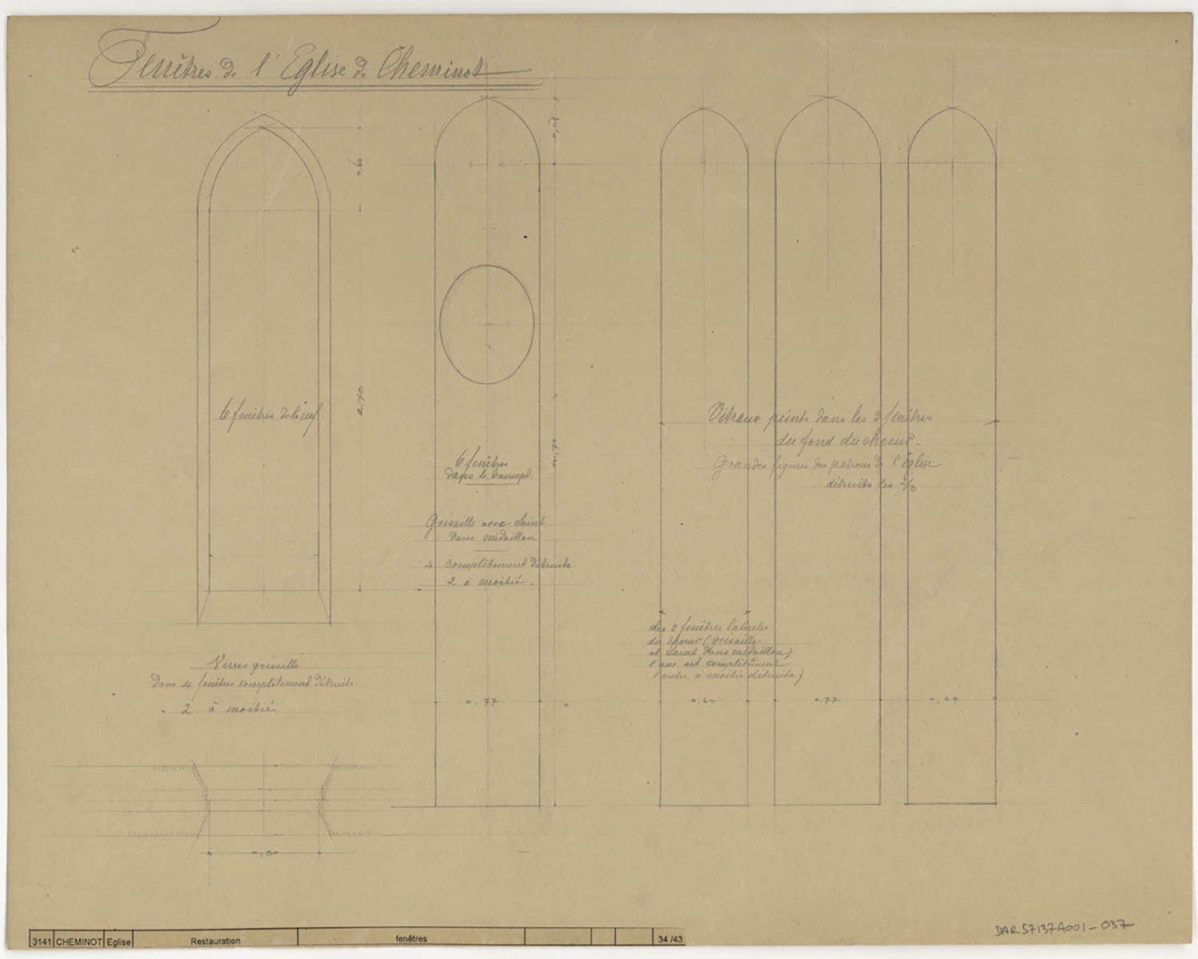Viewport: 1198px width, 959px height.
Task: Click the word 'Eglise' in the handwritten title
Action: point(314,68)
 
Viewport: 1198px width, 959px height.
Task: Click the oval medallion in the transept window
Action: point(487,323)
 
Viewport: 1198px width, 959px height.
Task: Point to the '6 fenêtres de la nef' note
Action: point(270,415)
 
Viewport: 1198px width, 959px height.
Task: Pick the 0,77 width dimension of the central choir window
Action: point(825,700)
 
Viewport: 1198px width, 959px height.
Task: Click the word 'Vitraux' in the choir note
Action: point(733,414)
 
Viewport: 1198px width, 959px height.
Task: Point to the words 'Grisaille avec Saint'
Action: point(485,523)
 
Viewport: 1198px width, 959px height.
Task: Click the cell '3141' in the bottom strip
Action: point(41,941)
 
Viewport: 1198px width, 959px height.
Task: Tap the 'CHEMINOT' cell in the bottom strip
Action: point(79,941)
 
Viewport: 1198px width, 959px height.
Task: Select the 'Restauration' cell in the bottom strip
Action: point(215,941)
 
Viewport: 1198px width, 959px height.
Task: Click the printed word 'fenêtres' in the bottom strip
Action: point(411,938)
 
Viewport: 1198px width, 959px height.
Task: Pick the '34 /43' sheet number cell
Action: point(669,938)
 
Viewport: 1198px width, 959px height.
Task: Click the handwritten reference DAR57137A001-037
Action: point(1064,928)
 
